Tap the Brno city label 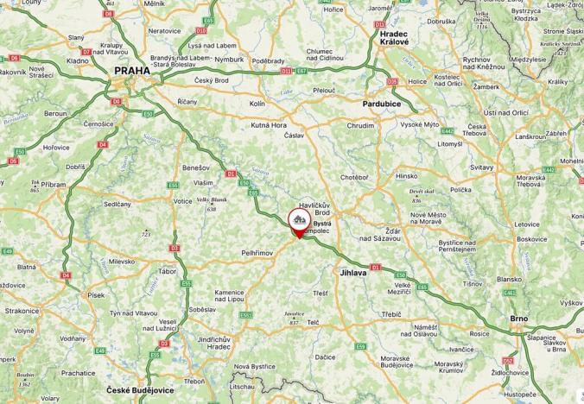pyautogui.click(x=518, y=319)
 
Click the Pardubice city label pyautogui.click(x=381, y=104)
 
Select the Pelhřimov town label pyautogui.click(x=257, y=253)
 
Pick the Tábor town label pyautogui.click(x=167, y=271)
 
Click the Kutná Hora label pyautogui.click(x=268, y=125)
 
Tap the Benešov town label pyautogui.click(x=196, y=167)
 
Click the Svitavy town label pyautogui.click(x=480, y=167)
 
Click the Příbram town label pyautogui.click(x=53, y=185)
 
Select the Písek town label pyautogui.click(x=95, y=295)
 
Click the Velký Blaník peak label pyautogui.click(x=212, y=199)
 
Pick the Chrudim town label pyautogui.click(x=360, y=125)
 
